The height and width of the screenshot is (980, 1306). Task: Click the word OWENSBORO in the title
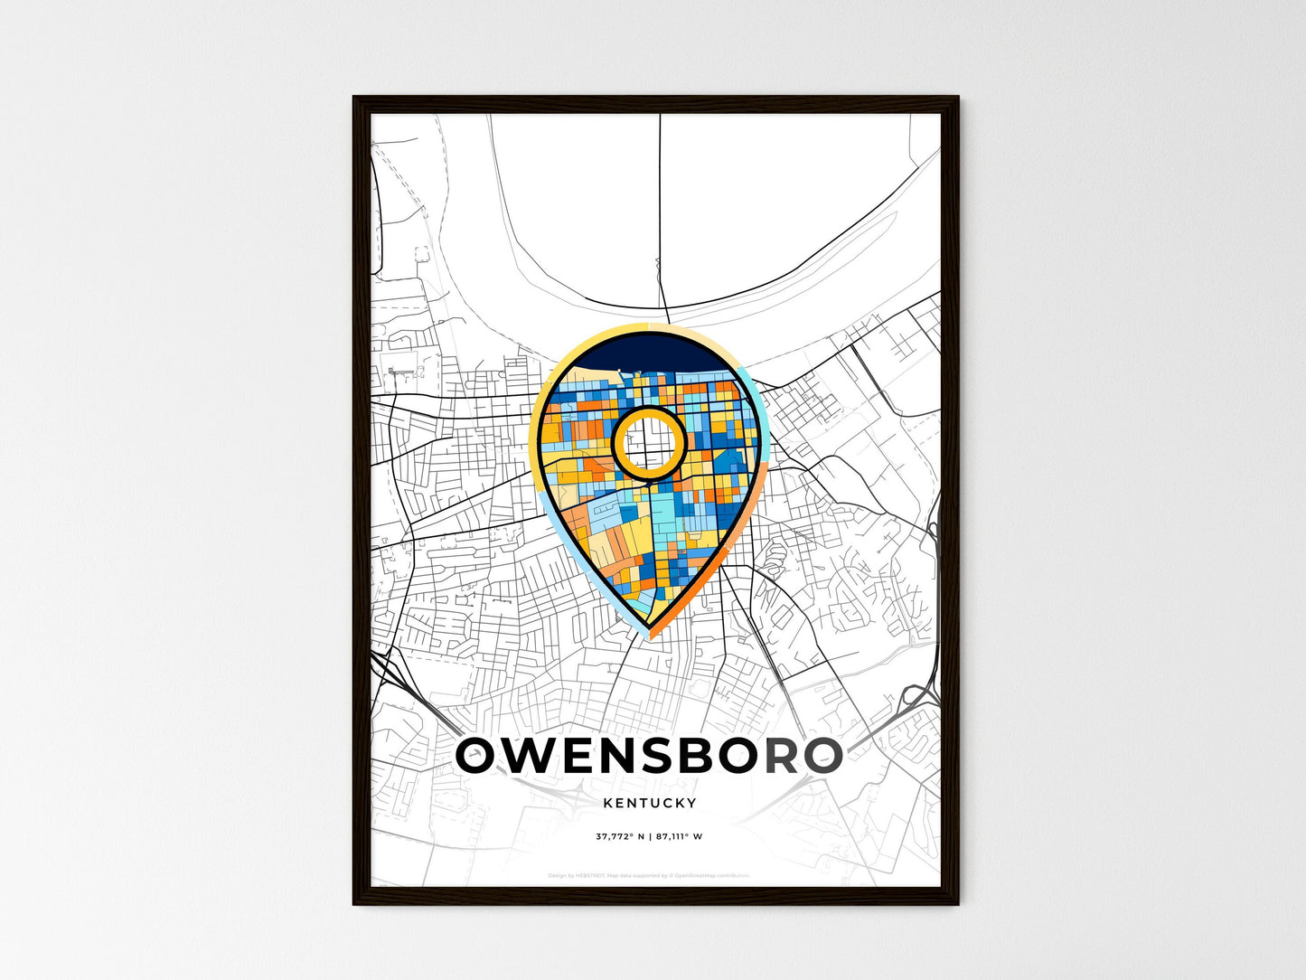point(649,757)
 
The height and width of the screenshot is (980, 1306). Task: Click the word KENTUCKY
point(649,803)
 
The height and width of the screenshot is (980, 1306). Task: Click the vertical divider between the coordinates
point(650,836)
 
